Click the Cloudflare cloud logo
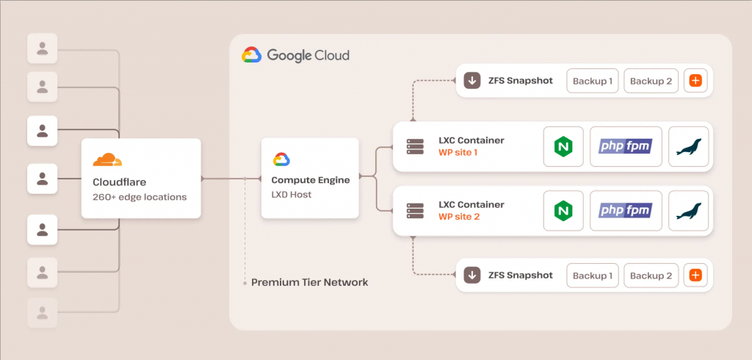[107, 160]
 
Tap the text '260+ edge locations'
[140, 197]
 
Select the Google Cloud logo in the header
[251, 55]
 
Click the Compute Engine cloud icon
[281, 159]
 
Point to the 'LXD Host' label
[291, 195]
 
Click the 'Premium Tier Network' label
[310, 282]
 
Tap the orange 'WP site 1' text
[459, 153]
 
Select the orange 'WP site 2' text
[459, 217]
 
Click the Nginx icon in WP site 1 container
[563, 146]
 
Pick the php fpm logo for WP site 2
[626, 210]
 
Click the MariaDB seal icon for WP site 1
[689, 146]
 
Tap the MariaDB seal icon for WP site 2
[689, 211]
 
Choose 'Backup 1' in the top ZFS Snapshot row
[593, 81]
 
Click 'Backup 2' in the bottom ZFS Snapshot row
[651, 276]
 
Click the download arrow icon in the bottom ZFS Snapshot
[472, 276]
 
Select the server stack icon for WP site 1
[415, 146]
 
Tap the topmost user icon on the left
[42, 48]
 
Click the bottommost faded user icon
[42, 313]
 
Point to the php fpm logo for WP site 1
[626, 146]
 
